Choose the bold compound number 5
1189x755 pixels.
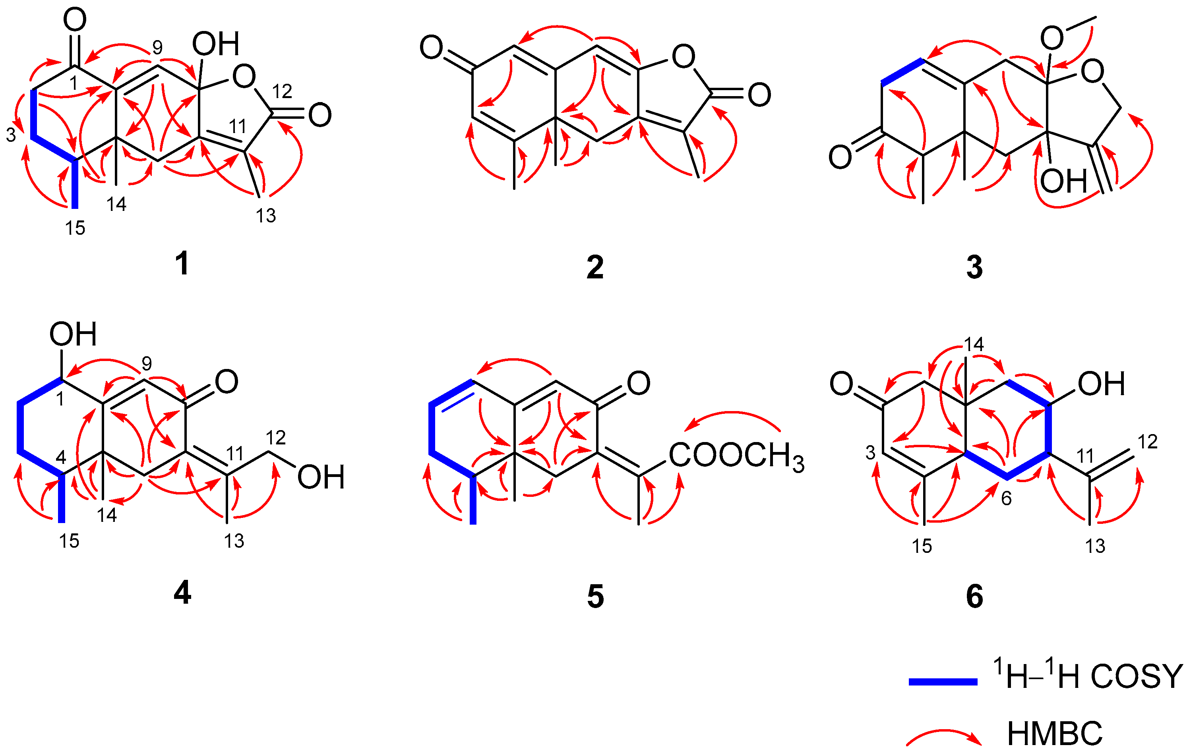[x=595, y=596]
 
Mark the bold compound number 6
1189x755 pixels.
[x=974, y=596]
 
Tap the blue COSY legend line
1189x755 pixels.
[x=943, y=682]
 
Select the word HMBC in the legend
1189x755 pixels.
[x=1054, y=734]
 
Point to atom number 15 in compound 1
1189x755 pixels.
[x=75, y=228]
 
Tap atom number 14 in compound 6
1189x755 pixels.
[x=974, y=344]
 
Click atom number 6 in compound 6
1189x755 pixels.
[x=1006, y=498]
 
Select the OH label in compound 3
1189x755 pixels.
[x=1063, y=181]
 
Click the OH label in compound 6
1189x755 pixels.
[x=1101, y=384]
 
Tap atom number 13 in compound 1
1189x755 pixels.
[x=265, y=216]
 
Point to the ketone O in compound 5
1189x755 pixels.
[x=638, y=383]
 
